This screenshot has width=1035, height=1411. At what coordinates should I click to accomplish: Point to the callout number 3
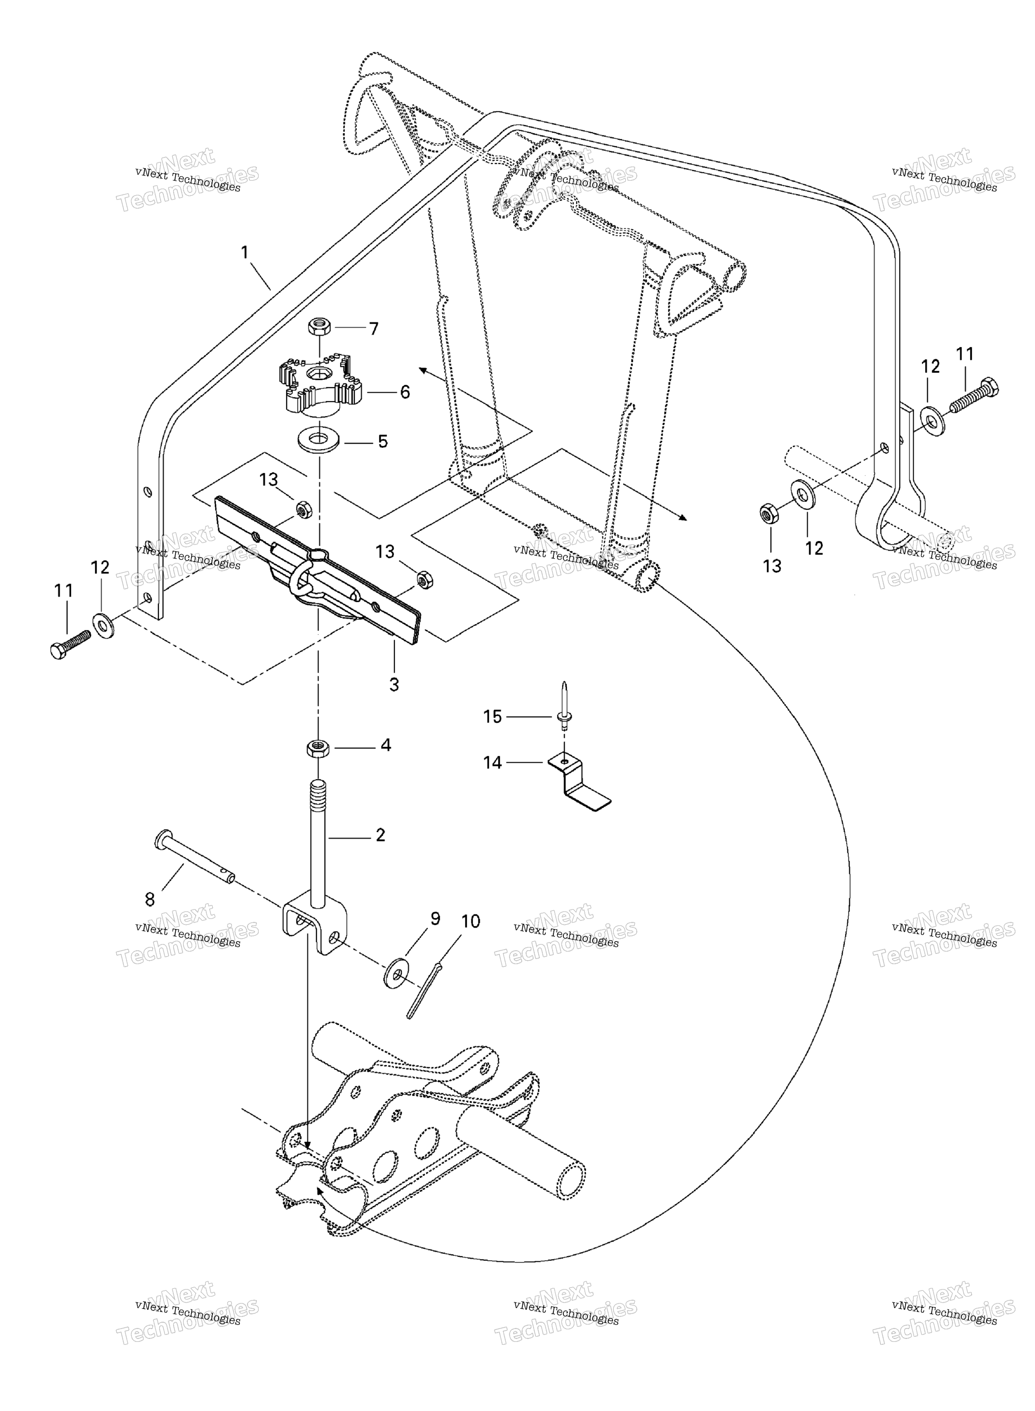click(394, 685)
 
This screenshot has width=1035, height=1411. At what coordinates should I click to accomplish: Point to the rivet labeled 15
click(564, 707)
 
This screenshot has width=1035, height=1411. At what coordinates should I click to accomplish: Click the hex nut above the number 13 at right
click(769, 514)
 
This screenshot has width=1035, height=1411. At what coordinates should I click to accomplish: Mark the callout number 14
click(493, 763)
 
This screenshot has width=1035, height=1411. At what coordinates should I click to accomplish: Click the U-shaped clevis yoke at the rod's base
click(313, 927)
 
